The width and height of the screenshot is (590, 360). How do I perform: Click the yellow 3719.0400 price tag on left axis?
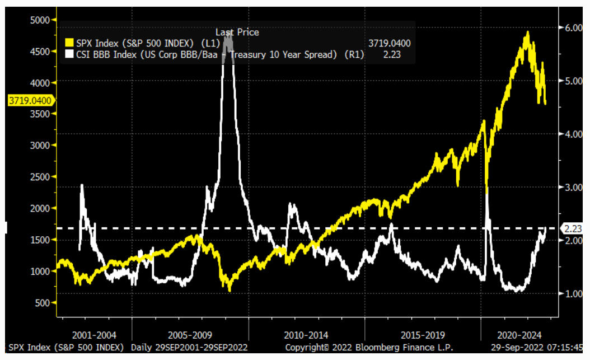[30, 101]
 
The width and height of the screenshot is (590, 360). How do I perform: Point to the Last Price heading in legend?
[237, 32]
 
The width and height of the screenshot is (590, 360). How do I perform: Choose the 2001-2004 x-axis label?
[94, 335]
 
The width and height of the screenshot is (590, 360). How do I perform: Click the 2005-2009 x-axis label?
[191, 335]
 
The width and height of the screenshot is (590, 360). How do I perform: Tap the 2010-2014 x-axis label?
[307, 335]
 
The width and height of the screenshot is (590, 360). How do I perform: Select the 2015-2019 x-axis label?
[423, 335]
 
